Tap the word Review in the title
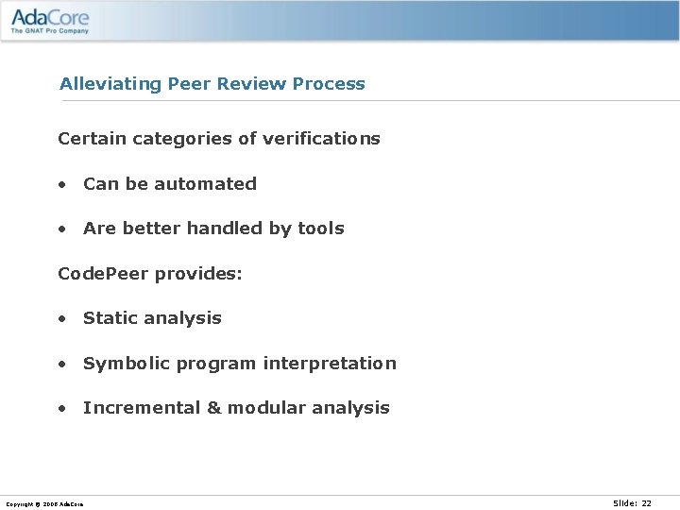(251, 84)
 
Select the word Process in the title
(329, 84)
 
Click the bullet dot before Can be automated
(61, 185)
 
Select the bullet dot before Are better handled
(61, 229)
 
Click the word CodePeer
(104, 274)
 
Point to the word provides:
(198, 274)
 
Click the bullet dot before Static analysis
(61, 319)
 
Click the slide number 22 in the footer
(646, 503)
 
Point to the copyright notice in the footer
(44, 504)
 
